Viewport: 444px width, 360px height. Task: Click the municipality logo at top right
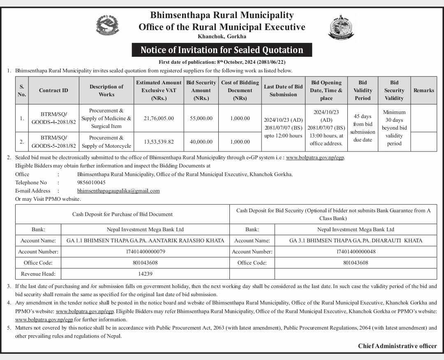point(341,27)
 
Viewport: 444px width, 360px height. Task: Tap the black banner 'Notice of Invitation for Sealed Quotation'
point(222,50)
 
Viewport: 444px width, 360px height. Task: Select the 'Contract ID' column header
point(53,91)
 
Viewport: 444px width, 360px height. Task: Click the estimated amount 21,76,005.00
point(159,118)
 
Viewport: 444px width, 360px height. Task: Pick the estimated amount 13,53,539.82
point(159,142)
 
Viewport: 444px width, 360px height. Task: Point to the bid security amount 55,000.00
point(201,118)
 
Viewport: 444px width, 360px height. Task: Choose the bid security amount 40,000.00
point(201,142)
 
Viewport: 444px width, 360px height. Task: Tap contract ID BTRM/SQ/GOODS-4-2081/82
point(53,118)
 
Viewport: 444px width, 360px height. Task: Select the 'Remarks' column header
point(424,91)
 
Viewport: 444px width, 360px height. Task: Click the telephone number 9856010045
point(91,182)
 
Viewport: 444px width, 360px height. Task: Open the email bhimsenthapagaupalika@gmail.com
point(118,191)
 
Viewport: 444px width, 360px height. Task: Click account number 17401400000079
point(145,251)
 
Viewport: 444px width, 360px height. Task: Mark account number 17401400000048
point(356,251)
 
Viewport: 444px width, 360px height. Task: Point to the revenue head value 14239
point(145,274)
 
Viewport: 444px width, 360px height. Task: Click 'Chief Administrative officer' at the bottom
point(397,346)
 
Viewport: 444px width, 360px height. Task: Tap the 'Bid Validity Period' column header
point(363,91)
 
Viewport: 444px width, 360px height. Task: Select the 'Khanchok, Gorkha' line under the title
point(222,37)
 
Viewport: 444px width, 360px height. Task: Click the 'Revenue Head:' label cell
point(38,274)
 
